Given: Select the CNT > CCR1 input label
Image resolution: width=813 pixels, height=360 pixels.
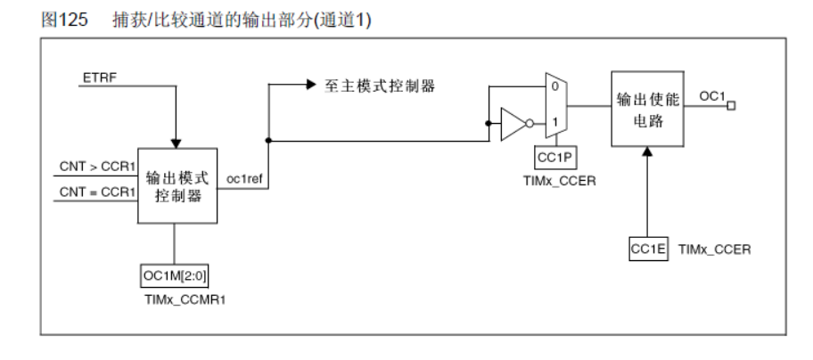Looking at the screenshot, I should click(x=92, y=167).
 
